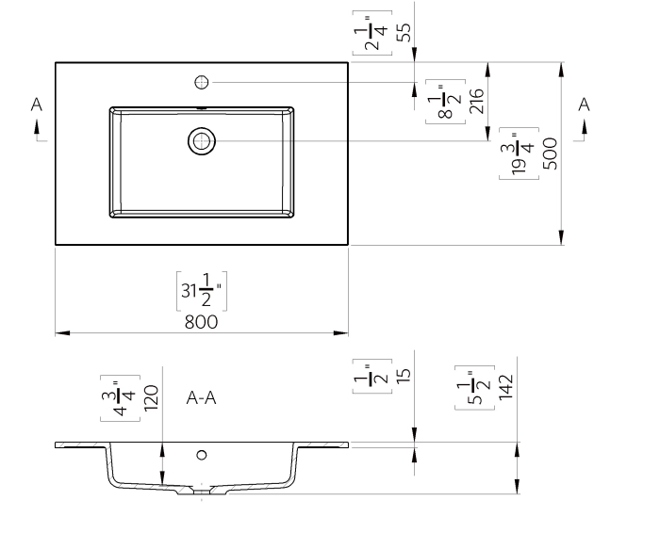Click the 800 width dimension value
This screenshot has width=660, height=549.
201,321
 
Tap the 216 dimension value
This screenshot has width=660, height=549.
476,102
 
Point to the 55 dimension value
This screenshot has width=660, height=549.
403,32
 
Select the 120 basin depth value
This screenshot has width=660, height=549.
150,398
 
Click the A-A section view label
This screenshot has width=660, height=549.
201,398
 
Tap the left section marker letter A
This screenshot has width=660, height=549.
37,105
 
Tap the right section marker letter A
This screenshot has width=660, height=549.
584,105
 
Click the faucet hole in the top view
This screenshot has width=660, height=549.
201,82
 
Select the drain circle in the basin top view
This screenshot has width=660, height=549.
201,141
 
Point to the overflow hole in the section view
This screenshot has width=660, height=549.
201,456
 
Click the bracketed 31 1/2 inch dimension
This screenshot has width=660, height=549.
201,291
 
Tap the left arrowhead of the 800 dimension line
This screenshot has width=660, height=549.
59,332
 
